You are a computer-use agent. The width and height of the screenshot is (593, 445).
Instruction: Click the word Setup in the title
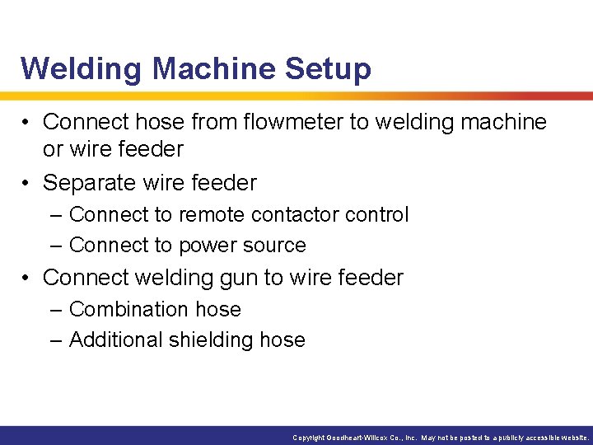coord(327,68)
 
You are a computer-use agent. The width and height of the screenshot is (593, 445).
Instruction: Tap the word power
coord(214,245)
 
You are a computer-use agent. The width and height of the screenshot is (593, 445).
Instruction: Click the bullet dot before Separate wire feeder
coord(27,183)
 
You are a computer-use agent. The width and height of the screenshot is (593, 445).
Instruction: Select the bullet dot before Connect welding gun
coord(27,279)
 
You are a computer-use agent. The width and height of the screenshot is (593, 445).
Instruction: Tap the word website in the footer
coord(573,438)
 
